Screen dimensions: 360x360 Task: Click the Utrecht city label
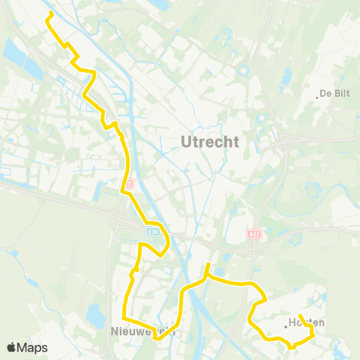coord(210,141)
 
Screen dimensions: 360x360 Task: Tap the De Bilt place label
coord(334,94)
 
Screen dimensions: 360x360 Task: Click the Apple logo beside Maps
coord(12,347)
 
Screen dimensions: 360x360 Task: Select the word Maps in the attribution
coord(33,347)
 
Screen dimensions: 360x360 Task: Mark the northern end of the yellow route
coord(49,14)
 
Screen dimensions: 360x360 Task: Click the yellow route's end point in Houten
coord(299,316)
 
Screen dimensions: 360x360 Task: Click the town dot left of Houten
coord(286,325)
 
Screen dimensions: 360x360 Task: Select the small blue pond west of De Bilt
coord(286,76)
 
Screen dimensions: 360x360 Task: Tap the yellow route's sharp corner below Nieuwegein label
coord(157,338)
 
